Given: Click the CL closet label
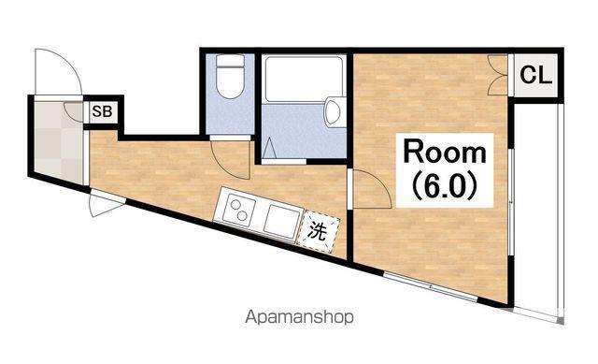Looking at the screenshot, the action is pos(535,75).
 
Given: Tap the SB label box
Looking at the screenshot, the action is pos(102,112).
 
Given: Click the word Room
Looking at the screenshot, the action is pos(445,153).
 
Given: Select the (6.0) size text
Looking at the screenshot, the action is pos(445,187).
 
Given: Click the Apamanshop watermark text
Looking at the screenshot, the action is pos(299,317).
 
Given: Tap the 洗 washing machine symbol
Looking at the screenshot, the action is pos(318,231).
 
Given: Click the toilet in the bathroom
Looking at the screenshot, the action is pos(230,77).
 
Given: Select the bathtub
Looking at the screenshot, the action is pos(304,79).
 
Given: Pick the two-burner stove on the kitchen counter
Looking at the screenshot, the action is pos(238,210).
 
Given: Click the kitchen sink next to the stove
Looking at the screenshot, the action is pos(281,222).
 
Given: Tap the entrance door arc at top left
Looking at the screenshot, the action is pos(58,71).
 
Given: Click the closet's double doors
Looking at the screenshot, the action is pos(498,75).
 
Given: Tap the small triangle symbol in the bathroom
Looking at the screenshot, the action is pos(270,148).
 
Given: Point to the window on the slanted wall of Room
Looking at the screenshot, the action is pos(430,286).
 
